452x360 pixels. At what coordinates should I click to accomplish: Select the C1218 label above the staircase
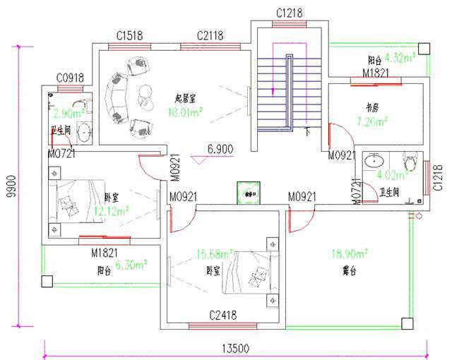tap(289, 13)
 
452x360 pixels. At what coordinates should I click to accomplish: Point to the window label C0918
tap(71, 78)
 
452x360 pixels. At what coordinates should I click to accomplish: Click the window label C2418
tap(222, 315)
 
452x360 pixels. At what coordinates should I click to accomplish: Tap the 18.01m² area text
tap(185, 111)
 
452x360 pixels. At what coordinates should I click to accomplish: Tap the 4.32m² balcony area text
tap(400, 59)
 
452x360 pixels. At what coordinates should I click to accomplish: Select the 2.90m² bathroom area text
tap(69, 113)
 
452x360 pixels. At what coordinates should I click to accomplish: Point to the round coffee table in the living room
tap(148, 92)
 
